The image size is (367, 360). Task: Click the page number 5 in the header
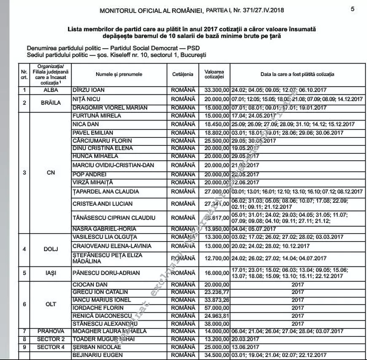[x=352, y=9]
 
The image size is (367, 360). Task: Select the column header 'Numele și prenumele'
[x=119, y=74]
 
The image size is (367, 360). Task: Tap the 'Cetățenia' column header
[x=183, y=74]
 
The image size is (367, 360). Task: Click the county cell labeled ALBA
[x=50, y=90]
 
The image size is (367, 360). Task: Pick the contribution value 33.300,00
[x=216, y=90]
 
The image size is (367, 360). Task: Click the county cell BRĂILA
[x=50, y=103]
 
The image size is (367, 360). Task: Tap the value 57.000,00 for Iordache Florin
[x=216, y=308]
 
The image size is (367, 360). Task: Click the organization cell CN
[x=50, y=172]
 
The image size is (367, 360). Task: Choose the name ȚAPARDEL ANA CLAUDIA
[x=106, y=191]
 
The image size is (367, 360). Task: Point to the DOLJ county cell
[x=50, y=249]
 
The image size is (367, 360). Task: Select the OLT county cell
[x=50, y=304]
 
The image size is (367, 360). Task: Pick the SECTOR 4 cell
[x=50, y=347]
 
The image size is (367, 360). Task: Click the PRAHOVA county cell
[x=50, y=331]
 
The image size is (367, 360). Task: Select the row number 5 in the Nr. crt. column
[x=24, y=273]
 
